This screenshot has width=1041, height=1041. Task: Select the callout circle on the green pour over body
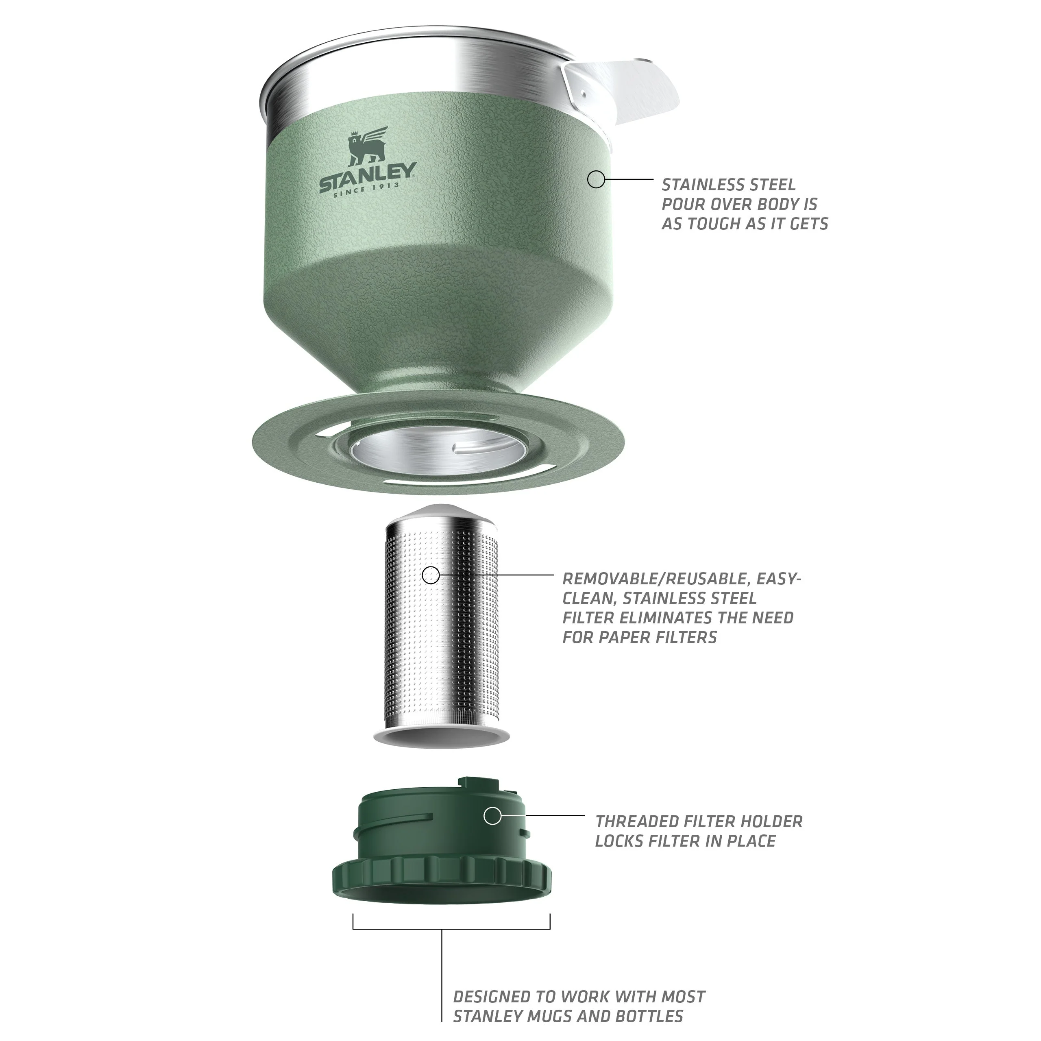596,179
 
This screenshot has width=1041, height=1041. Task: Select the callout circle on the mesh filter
431,575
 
